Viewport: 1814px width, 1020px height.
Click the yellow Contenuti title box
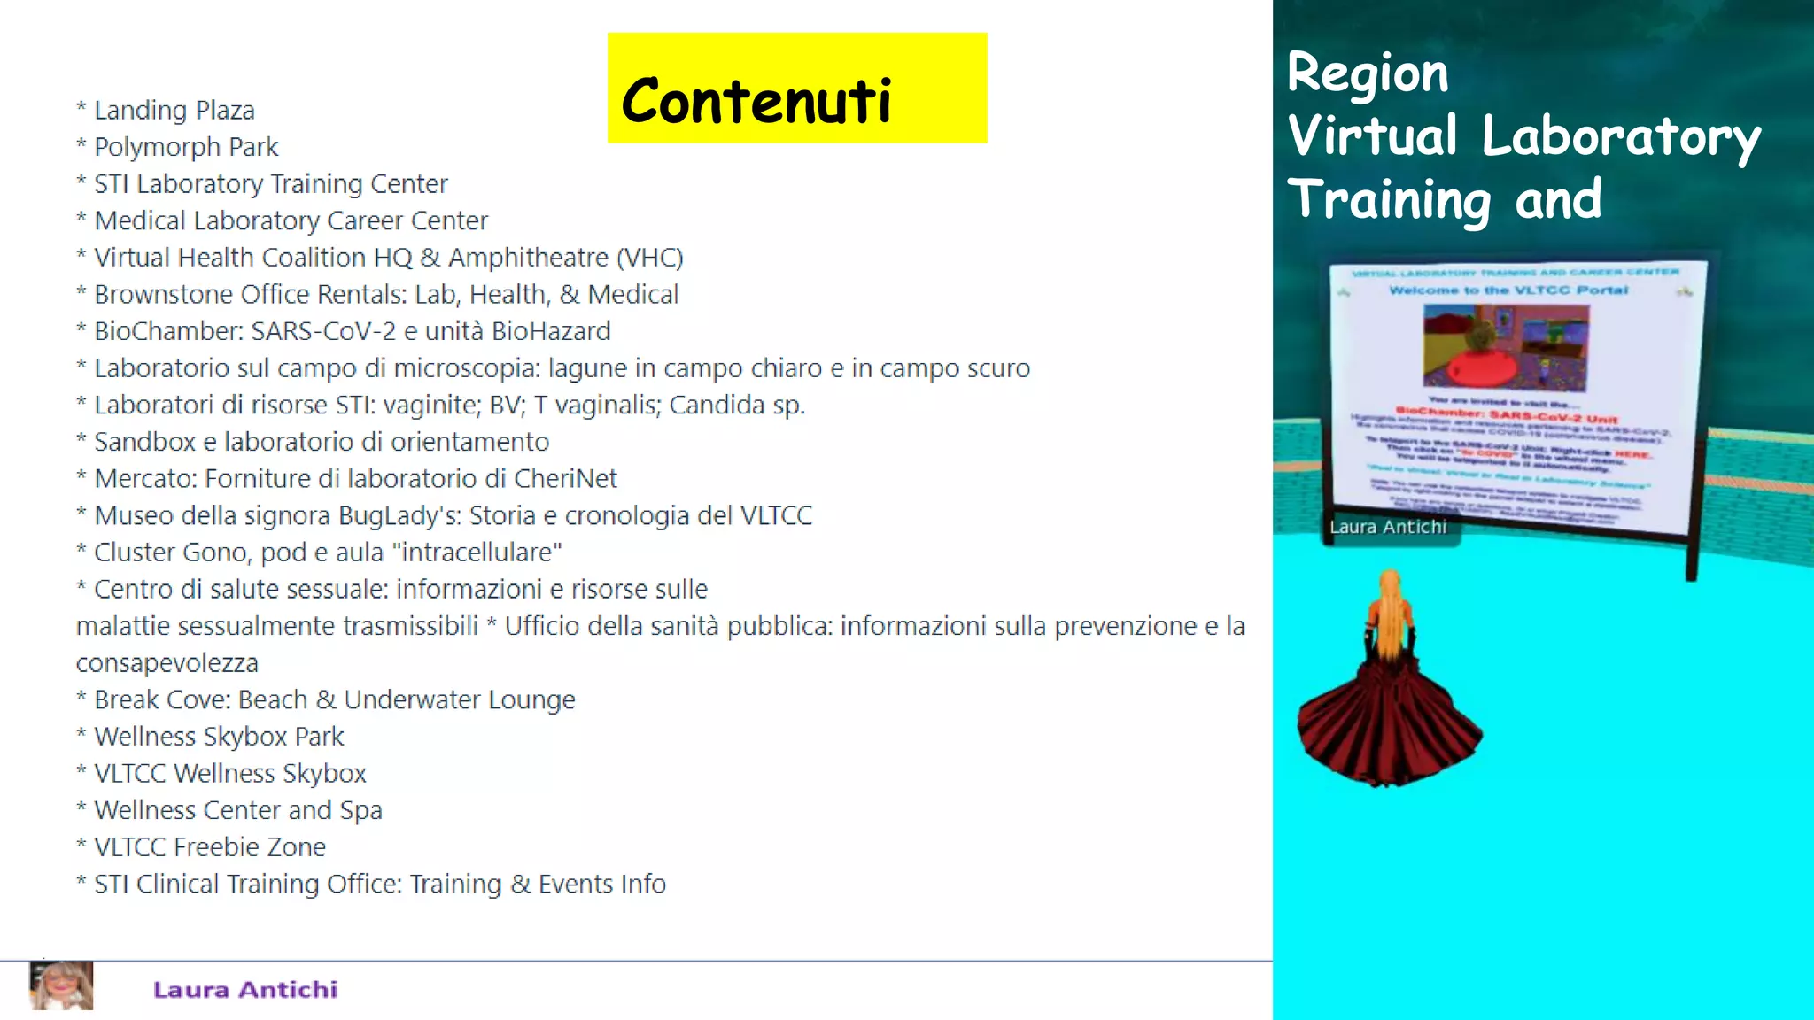796,89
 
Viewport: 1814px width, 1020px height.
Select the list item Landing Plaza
174,111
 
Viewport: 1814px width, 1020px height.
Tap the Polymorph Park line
186,147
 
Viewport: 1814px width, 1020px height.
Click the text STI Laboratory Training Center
270,184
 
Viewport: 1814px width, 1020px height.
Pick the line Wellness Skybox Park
219,737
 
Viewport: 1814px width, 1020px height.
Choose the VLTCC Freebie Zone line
210,847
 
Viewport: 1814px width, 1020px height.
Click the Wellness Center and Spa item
237,810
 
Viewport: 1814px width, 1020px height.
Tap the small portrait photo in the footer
61,985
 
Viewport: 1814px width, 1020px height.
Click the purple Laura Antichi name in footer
245,990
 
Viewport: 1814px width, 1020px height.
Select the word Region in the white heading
1368,73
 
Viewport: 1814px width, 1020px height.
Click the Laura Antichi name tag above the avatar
1388,528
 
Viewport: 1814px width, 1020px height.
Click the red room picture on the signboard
1506,348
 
